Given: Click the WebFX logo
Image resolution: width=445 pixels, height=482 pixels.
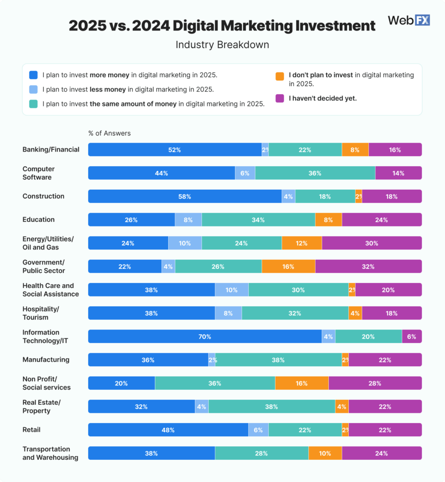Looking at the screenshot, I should [x=408, y=21].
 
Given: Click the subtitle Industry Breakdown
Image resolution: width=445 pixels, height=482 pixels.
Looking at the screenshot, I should [x=222, y=45].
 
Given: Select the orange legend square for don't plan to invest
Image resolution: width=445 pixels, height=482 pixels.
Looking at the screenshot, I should [x=280, y=75].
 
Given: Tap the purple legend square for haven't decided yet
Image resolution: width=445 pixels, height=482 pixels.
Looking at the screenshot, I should [x=280, y=98].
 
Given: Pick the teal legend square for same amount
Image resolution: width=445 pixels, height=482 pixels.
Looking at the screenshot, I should [x=33, y=104].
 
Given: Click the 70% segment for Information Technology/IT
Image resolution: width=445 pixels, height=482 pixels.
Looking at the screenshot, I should [x=204, y=337].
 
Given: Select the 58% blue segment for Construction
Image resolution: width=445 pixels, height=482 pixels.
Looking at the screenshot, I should [x=185, y=196].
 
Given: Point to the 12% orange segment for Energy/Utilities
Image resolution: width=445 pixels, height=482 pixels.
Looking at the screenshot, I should [x=302, y=243].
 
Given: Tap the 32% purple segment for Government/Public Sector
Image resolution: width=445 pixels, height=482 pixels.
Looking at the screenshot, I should [x=368, y=266].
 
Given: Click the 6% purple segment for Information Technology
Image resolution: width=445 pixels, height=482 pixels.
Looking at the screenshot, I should [x=412, y=337].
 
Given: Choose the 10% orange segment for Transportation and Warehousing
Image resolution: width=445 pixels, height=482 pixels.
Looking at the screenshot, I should [x=325, y=453].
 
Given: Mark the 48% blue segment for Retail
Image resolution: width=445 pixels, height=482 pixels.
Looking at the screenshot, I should [x=168, y=430].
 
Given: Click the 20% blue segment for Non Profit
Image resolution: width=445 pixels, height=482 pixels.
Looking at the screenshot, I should [x=121, y=383].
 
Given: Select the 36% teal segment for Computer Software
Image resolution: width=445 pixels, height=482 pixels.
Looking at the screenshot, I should [x=315, y=173].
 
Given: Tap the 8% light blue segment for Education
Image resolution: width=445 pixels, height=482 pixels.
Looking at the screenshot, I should [x=188, y=220].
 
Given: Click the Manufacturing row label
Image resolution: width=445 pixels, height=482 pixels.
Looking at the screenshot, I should [x=46, y=360].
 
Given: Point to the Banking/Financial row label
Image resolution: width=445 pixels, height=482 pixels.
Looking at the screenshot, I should [x=51, y=150].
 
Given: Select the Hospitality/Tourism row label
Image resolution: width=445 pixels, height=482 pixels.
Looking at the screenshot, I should [x=41, y=313].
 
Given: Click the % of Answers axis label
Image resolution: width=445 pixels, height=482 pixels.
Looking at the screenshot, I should [x=109, y=133].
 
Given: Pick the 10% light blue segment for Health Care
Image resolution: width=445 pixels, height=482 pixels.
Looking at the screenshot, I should [x=232, y=290].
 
